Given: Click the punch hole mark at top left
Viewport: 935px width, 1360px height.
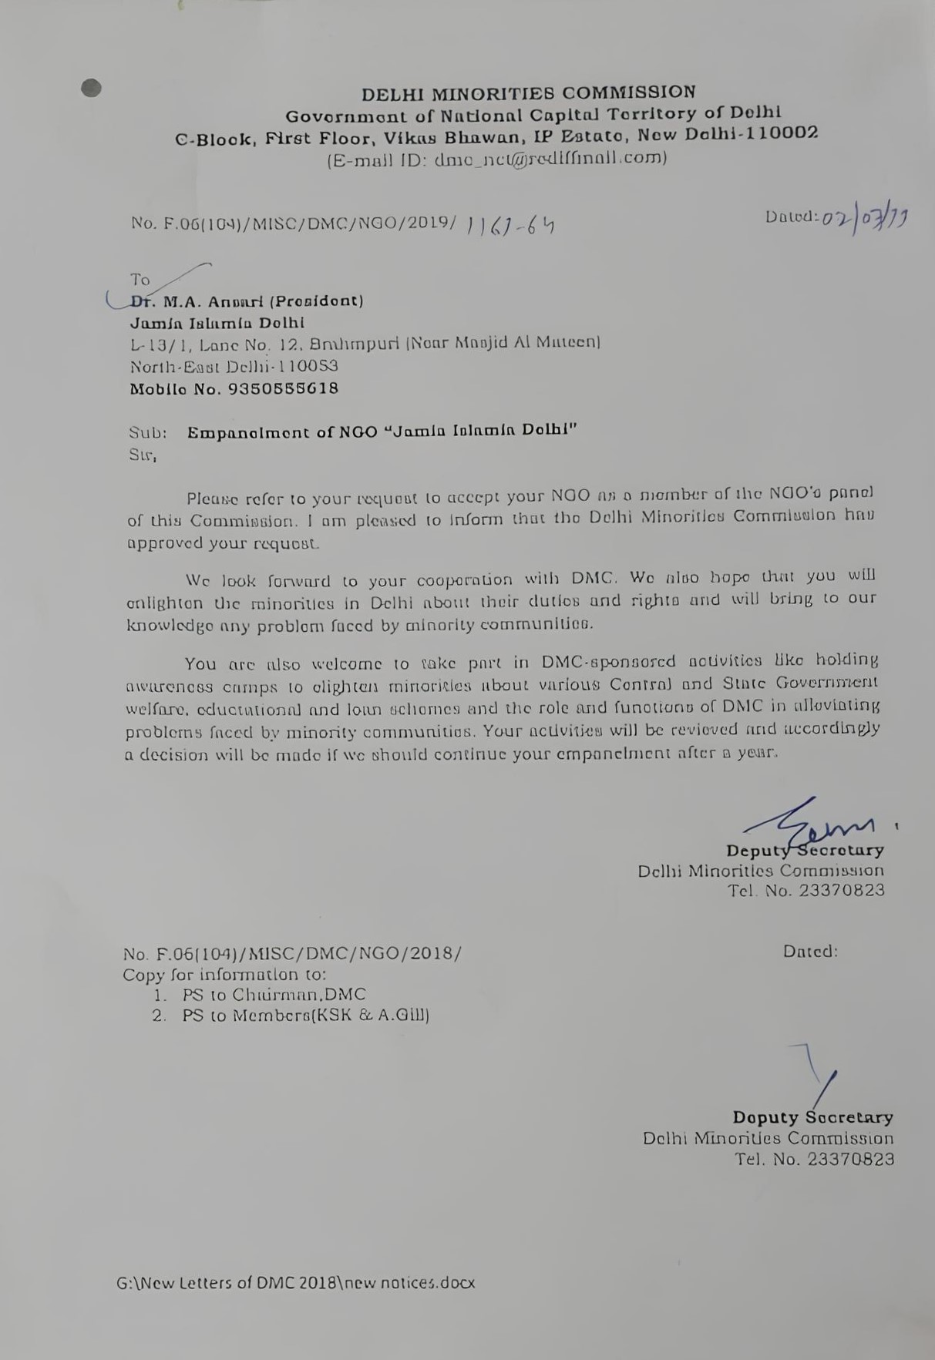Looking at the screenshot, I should pos(91,89).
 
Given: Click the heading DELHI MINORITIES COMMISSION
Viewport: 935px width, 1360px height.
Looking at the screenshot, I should pos(529,93).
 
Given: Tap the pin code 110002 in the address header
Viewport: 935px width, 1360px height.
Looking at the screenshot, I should pos(779,133).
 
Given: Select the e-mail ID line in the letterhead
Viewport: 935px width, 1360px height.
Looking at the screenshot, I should pos(497,159).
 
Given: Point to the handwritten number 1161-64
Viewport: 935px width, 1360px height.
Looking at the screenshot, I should pos(511,224).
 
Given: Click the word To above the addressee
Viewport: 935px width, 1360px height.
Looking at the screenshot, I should pos(140,280).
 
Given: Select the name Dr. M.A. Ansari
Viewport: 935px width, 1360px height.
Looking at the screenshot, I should pos(196,301).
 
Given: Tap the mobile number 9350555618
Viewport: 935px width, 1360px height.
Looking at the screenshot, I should pos(283,388).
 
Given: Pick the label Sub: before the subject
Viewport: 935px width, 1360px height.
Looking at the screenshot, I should pos(147,433).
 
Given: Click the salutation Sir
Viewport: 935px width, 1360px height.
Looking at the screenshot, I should pos(142,455).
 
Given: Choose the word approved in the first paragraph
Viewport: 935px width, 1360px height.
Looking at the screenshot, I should pos(165,542).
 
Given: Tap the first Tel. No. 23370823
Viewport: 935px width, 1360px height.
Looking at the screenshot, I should pos(806,892).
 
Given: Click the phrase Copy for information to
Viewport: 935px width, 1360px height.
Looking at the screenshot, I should pos(224,975).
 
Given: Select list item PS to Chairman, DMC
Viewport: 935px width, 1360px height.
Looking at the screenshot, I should pos(274,995).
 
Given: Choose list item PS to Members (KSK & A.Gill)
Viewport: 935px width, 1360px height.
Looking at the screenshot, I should pos(305,1016).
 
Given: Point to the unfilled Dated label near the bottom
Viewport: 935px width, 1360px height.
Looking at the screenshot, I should pos(809,952).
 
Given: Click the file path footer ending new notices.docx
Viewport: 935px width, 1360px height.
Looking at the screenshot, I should pos(295,1283).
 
